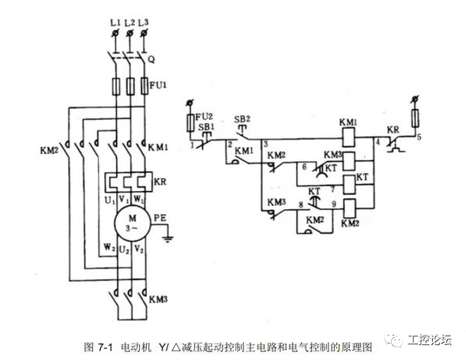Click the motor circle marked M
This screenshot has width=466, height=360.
(x=126, y=219)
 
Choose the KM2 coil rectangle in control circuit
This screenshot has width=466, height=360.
(x=349, y=209)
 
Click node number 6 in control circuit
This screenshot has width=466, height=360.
(x=302, y=167)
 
